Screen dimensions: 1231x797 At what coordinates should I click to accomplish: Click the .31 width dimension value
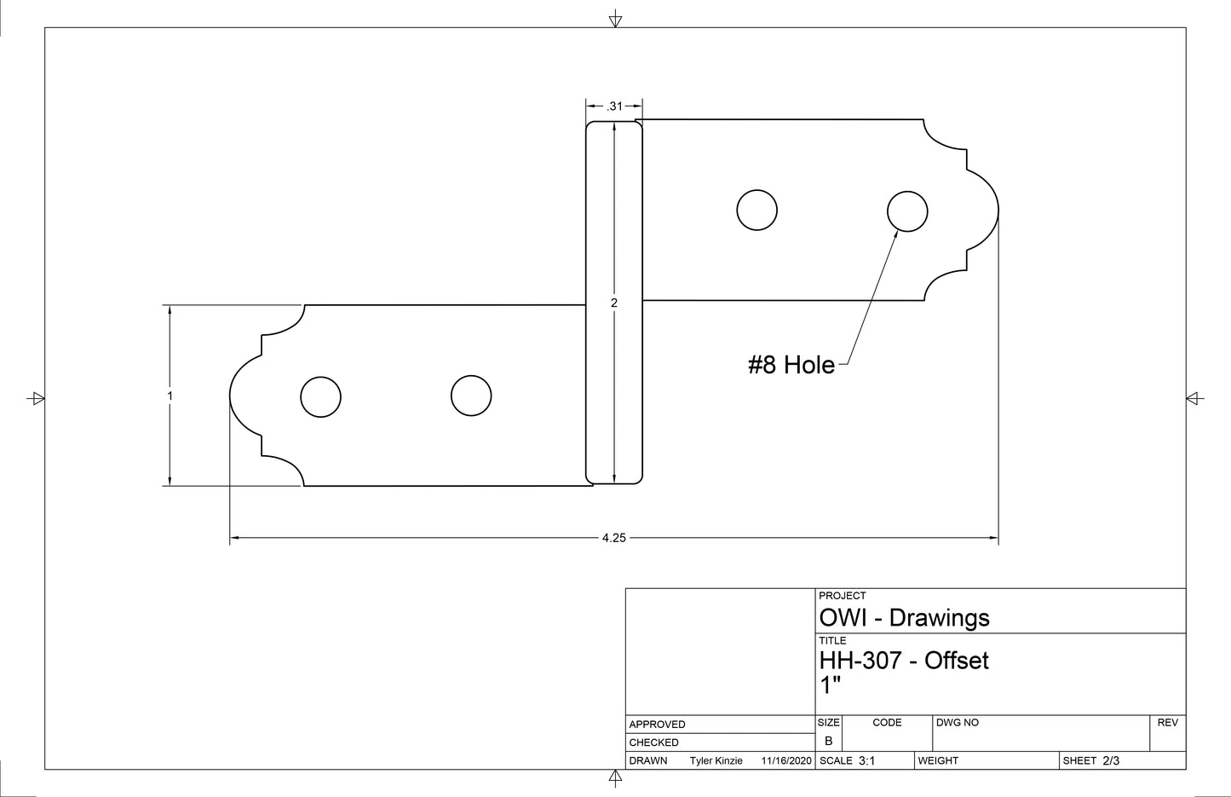614,107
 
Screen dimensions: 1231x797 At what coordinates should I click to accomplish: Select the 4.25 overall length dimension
614,538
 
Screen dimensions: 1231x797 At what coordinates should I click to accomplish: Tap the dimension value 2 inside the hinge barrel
614,303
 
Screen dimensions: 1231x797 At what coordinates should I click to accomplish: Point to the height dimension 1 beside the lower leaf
170,396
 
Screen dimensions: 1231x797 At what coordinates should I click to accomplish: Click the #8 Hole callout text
791,365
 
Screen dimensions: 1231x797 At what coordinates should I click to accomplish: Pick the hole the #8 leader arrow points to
907,211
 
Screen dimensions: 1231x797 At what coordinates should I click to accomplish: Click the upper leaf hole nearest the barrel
756,210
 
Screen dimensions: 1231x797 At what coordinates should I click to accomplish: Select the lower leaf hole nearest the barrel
471,396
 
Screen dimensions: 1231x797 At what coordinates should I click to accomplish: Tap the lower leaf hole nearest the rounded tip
320,396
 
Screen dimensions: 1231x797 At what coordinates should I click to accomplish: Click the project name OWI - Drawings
904,618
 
